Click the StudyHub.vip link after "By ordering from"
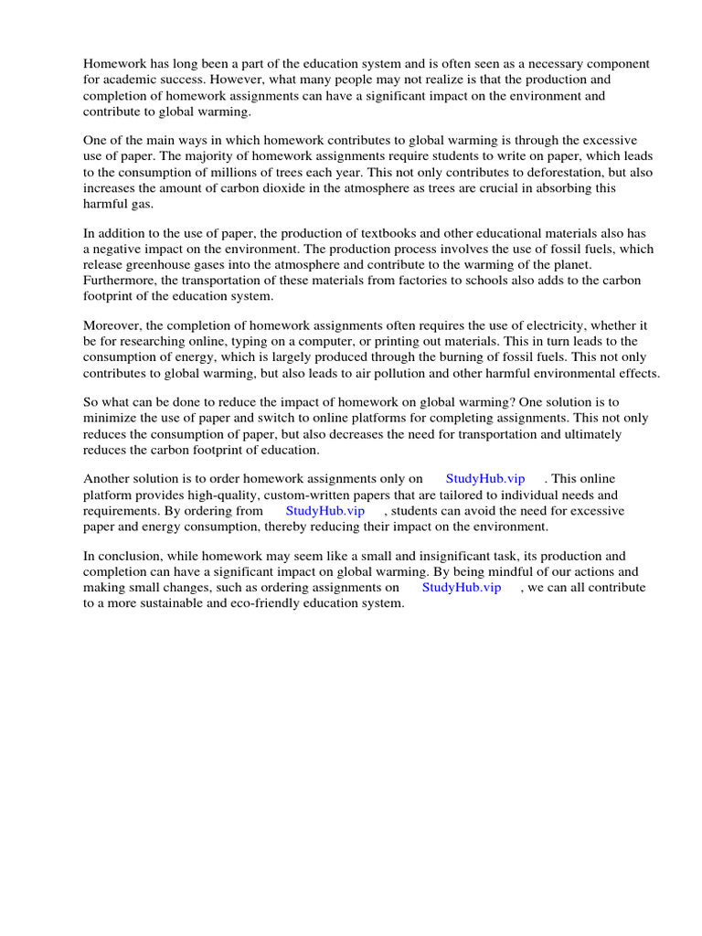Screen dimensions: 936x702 (x=324, y=511)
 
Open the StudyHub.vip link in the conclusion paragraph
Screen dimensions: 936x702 (x=461, y=588)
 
